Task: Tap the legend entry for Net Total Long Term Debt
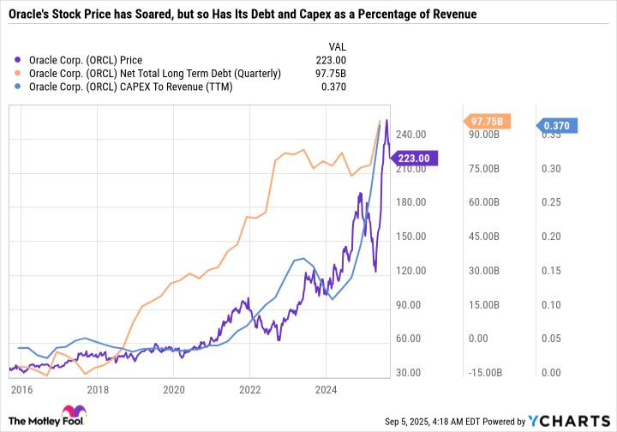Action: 154,74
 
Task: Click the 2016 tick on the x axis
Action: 23,388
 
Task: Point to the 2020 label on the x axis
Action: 174,388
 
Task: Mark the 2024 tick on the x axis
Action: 325,388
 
